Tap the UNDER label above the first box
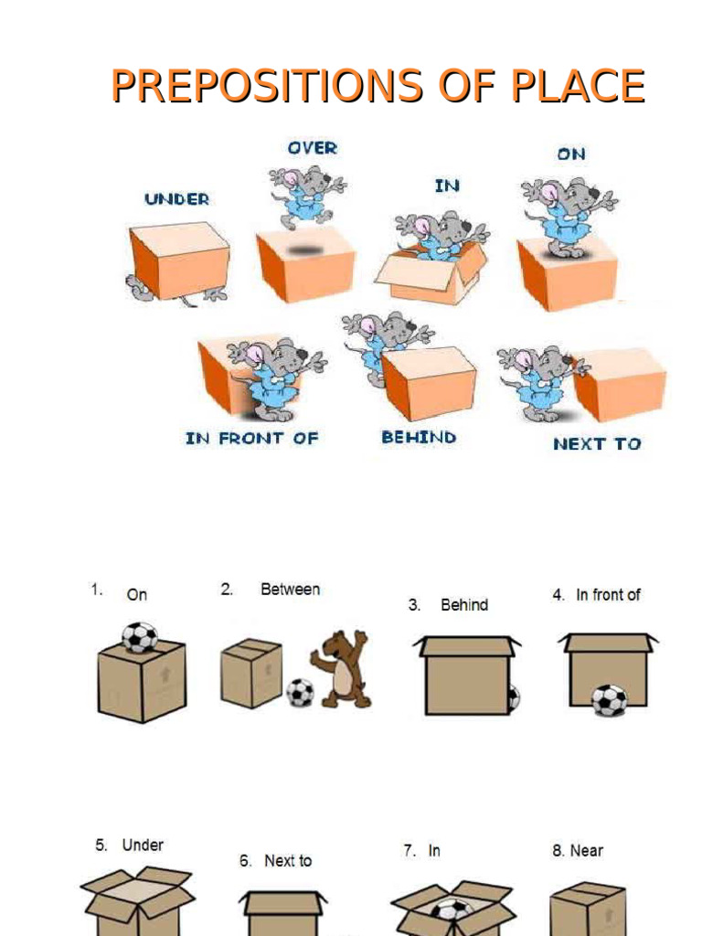(x=176, y=198)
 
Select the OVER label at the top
(x=312, y=147)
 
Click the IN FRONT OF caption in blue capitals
(x=251, y=438)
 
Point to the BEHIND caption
(x=419, y=437)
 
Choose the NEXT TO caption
(x=597, y=444)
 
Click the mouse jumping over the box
(x=305, y=195)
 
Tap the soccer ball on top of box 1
(x=139, y=636)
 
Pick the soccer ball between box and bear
(x=300, y=692)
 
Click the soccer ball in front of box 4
(x=609, y=700)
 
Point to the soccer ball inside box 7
(x=452, y=909)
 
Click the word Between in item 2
(x=290, y=590)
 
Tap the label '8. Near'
(x=578, y=851)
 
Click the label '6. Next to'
(x=275, y=861)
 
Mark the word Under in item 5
(x=143, y=846)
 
